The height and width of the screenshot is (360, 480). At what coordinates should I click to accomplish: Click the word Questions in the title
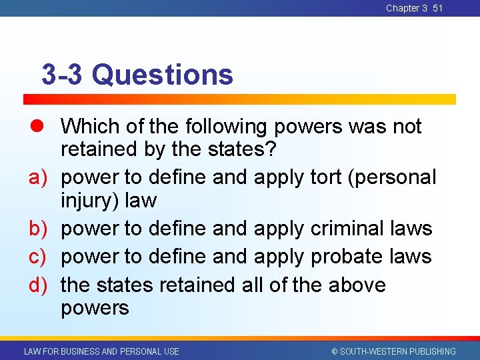pos(163,75)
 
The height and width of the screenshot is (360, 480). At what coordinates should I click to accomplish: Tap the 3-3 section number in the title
pos(63,75)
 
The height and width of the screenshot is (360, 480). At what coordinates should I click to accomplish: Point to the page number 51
pos(437,8)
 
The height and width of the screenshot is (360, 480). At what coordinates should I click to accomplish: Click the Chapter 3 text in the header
pos(406,8)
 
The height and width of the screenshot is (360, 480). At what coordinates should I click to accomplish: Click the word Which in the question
pos(89,126)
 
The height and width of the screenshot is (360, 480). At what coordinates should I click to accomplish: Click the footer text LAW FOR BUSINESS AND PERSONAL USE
pos(101,351)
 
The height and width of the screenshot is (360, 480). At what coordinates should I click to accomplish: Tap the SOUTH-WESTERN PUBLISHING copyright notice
pos(393,351)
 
